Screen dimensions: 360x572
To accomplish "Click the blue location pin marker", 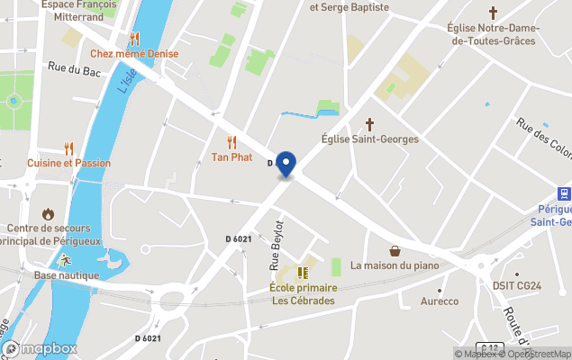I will pyautogui.click(x=286, y=165).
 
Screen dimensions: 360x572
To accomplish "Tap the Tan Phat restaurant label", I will pyautogui.click(x=232, y=157).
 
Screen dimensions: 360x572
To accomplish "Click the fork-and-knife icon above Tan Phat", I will pyautogui.click(x=232, y=142).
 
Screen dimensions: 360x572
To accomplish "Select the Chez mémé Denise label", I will pyautogui.click(x=134, y=53).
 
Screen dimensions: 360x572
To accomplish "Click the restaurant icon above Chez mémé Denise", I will pyautogui.click(x=134, y=38).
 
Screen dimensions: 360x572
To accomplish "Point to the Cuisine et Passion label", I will pyautogui.click(x=68, y=163).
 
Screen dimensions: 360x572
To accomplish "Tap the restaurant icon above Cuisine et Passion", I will pyautogui.click(x=68, y=148).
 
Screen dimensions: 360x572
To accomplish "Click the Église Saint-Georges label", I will pyautogui.click(x=369, y=139).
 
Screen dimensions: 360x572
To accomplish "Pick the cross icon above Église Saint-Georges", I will pyautogui.click(x=369, y=123).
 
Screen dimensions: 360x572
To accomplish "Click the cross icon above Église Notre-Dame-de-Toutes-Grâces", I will pyautogui.click(x=493, y=13).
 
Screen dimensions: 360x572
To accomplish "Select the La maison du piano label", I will pyautogui.click(x=395, y=265).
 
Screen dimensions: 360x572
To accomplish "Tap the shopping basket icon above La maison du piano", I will pyautogui.click(x=395, y=251).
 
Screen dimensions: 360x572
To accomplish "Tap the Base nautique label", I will pyautogui.click(x=66, y=275).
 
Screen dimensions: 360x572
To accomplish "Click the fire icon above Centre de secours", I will pyautogui.click(x=48, y=214).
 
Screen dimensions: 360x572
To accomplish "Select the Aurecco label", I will pyautogui.click(x=440, y=301).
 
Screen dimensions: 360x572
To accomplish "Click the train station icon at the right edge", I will pyautogui.click(x=564, y=193).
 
